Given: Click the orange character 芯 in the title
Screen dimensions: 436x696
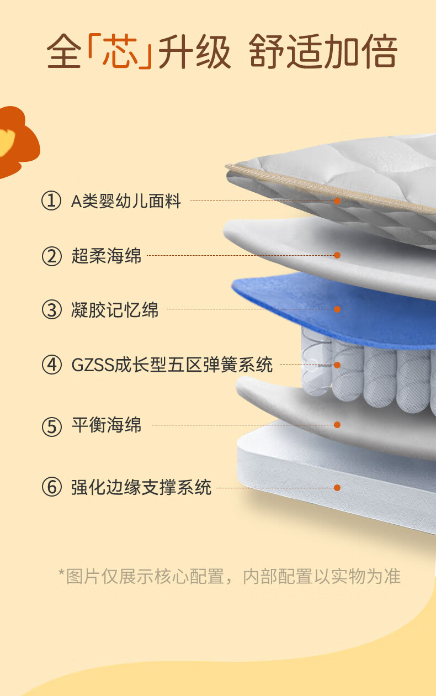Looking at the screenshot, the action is coord(120,51).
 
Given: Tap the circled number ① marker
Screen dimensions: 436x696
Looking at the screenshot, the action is coord(51,201).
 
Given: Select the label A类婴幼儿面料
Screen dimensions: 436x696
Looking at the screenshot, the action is coord(126,201).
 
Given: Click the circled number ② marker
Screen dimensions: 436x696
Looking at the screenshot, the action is coord(51,256).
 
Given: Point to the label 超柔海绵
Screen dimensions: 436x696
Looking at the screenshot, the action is coord(106,256).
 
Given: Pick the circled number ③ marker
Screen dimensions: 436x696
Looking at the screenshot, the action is coord(51,309).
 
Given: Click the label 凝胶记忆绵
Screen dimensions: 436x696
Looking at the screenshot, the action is coord(115,309).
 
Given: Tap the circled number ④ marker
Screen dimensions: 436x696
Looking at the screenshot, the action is coord(51,365).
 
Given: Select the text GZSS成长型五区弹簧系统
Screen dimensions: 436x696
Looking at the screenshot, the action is coord(172,365).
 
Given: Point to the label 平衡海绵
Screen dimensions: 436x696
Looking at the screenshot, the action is coord(106,425).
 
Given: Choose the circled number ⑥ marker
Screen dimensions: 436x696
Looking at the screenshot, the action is coord(51,487).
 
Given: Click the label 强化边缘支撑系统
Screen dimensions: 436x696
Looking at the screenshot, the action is coord(141,487).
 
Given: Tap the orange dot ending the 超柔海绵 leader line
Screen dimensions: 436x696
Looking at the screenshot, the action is coord(337,255).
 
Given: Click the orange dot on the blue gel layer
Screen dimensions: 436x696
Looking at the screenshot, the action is coord(337,309).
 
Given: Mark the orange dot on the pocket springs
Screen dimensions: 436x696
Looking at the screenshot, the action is coord(337,365).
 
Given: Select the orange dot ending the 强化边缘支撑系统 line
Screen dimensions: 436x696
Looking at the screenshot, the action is coord(337,488).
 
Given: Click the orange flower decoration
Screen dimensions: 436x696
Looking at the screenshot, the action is coord(17,142).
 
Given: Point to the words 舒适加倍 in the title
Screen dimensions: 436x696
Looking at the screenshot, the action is coord(323,51).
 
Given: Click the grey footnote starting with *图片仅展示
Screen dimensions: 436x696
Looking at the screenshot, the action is coord(230,576).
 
